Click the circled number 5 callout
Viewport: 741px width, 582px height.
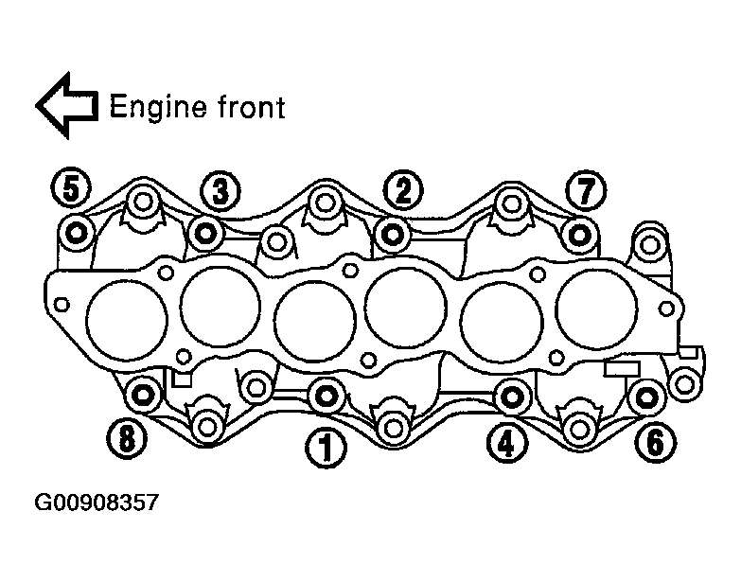tap(71, 189)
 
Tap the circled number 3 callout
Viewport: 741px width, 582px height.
tap(221, 191)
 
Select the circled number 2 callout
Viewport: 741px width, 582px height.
tap(403, 190)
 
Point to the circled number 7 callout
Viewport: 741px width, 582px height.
tap(586, 191)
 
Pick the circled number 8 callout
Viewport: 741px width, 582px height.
tap(127, 438)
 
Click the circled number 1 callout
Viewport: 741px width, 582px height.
tap(326, 448)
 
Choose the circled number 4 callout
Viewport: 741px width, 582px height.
tap(506, 443)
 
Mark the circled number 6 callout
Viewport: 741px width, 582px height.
tap(656, 442)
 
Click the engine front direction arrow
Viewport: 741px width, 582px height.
tap(67, 105)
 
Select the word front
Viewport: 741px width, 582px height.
tap(252, 107)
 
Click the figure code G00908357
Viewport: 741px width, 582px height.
tap(97, 502)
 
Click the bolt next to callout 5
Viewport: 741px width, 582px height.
tap(76, 233)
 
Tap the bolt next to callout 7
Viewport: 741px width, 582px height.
tap(580, 235)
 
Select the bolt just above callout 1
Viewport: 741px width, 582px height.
tap(326, 396)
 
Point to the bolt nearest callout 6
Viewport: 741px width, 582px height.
tap(647, 397)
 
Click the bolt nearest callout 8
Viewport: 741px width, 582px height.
tap(143, 394)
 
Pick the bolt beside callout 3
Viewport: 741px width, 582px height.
tap(206, 233)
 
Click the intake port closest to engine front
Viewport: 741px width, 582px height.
tap(127, 320)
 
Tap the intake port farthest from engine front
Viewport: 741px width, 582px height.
tap(597, 309)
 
